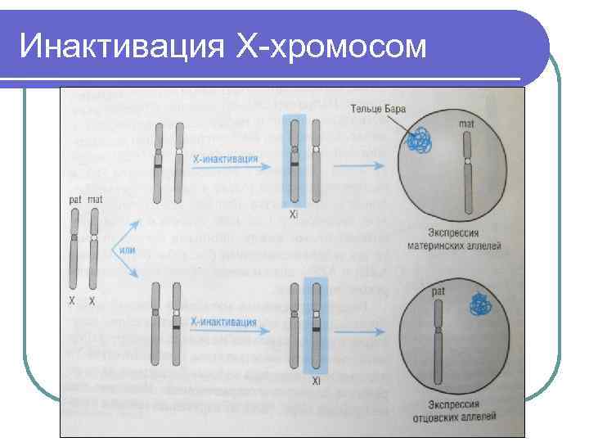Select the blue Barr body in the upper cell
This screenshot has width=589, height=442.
[x=420, y=142]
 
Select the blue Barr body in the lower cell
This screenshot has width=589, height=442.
[x=482, y=305]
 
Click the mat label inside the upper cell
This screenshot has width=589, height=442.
[x=467, y=124]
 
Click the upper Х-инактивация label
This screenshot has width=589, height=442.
[x=227, y=159]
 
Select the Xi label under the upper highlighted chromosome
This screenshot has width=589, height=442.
[x=293, y=216]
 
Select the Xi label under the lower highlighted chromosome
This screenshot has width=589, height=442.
[x=315, y=381]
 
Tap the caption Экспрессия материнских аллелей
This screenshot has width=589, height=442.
[x=464, y=239]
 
